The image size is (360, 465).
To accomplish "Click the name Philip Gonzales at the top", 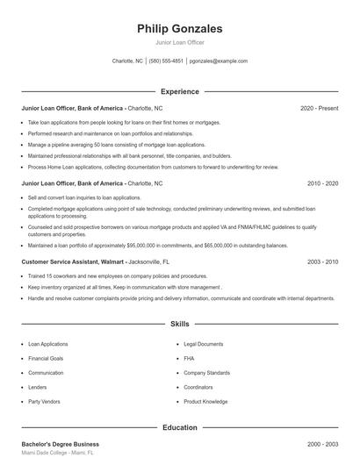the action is point(180,29).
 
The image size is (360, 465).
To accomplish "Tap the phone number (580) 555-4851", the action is point(166,61).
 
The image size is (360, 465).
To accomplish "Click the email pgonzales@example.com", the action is point(219,61).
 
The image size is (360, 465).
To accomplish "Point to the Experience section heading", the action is point(180,91).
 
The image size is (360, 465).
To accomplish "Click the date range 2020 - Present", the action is point(319,108).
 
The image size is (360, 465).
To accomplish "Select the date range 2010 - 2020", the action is point(322,183).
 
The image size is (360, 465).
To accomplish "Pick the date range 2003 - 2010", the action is point(322,261).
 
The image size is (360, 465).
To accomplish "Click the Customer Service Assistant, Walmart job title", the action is point(72,261).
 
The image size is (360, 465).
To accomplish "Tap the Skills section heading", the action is point(180,324).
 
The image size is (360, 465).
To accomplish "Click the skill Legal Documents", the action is point(204,344).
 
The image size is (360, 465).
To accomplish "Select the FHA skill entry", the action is point(189,359).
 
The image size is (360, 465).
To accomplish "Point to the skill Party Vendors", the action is point(46,401).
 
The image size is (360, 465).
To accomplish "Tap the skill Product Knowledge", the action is point(205,401).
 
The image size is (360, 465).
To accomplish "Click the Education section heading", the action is point(180,427).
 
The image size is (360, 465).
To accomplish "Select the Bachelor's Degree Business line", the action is point(60,444).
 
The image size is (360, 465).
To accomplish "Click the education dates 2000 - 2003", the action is point(322,444).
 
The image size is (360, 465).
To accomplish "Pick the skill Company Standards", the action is point(206,373).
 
